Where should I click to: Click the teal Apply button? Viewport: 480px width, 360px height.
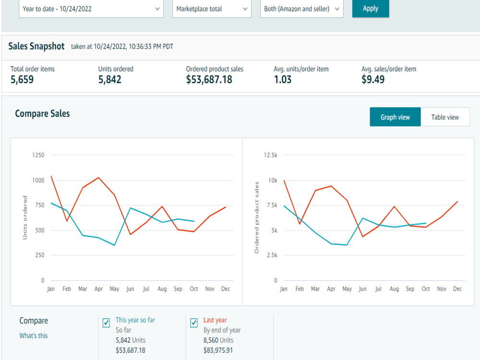click(371, 8)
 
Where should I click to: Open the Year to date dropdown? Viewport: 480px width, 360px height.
click(91, 9)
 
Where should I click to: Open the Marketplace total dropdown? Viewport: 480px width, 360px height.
click(212, 9)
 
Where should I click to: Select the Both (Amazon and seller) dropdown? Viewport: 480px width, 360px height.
click(301, 9)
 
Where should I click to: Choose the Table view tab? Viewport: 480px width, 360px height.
click(445, 117)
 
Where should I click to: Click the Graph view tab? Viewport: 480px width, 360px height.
click(395, 117)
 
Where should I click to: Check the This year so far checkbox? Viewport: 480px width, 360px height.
click(106, 323)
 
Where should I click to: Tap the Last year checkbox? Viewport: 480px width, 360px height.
click(194, 323)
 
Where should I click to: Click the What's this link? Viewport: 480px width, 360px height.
click(34, 336)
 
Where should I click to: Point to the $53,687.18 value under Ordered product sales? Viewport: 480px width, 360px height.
click(209, 80)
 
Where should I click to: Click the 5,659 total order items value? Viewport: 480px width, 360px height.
click(22, 80)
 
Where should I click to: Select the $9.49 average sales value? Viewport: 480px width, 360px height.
click(373, 80)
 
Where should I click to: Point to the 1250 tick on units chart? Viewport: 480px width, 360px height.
click(38, 155)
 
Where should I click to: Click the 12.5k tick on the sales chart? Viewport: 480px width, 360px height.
click(271, 155)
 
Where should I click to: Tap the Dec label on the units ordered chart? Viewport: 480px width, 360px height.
click(226, 288)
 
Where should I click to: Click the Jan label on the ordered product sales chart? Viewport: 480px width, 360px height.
click(284, 288)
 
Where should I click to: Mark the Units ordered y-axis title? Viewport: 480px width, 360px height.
click(25, 217)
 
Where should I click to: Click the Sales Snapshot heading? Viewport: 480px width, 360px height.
click(36, 46)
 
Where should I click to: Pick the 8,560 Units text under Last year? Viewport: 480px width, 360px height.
click(218, 340)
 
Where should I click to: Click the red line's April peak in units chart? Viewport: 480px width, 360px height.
click(98, 178)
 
